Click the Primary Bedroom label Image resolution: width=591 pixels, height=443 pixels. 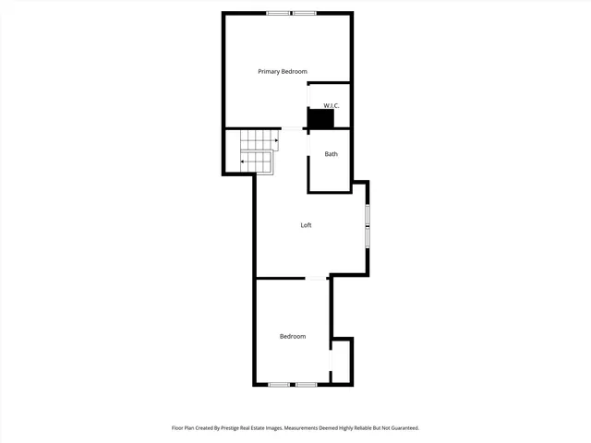282,71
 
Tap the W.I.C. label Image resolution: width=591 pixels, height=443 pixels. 332,106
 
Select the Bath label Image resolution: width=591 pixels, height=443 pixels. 331,154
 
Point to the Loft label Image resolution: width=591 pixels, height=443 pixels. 306,225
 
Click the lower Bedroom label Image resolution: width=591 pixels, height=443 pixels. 293,336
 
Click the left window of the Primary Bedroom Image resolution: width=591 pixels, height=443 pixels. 277,13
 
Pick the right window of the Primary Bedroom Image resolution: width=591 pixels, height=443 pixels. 304,13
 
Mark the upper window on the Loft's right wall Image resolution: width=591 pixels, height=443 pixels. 368,215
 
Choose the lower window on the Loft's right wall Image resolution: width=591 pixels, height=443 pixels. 368,236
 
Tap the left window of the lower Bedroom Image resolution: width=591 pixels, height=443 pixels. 279,384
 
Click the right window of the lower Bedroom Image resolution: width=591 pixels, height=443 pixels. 307,384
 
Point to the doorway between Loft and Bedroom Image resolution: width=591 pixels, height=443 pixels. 317,277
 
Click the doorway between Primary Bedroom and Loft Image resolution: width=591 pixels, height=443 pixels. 295,128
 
